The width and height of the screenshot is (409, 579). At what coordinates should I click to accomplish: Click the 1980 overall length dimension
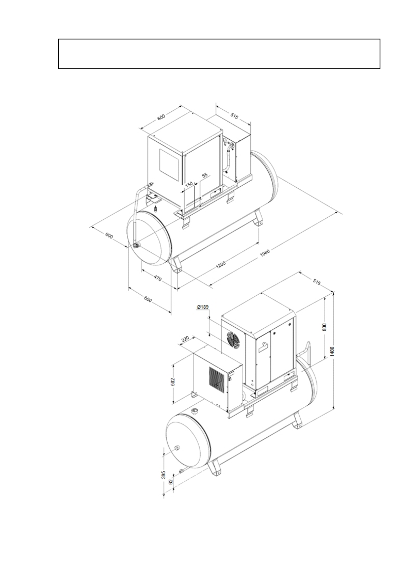[265, 253]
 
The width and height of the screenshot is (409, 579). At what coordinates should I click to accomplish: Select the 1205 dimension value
[221, 264]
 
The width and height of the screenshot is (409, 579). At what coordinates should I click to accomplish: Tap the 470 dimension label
[158, 278]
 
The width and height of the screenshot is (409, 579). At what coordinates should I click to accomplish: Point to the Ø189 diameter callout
[202, 307]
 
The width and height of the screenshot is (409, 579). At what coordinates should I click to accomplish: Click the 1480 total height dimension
[332, 351]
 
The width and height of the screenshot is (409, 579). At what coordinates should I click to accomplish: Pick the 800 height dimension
[325, 327]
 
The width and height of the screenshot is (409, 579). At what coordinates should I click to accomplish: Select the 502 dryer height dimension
[173, 382]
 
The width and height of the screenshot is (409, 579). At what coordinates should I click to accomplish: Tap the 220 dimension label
[185, 339]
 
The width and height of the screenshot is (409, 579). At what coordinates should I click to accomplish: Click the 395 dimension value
[164, 475]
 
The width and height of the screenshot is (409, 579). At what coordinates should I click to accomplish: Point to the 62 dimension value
[170, 482]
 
